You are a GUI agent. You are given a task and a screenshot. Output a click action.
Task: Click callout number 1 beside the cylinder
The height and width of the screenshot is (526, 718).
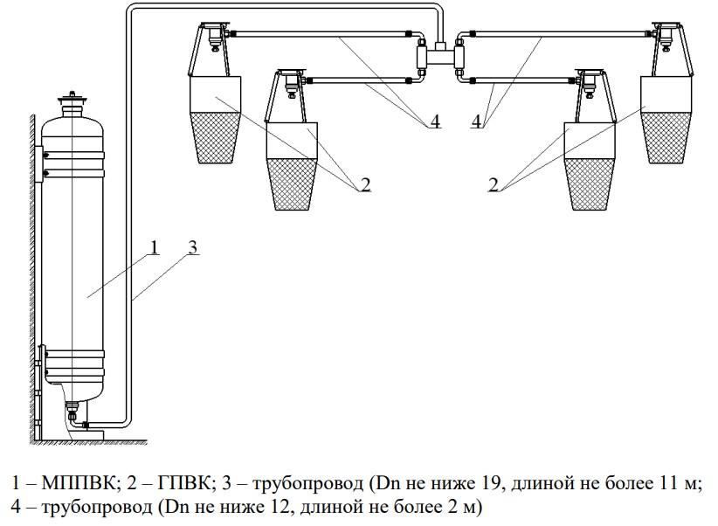[x=153, y=247]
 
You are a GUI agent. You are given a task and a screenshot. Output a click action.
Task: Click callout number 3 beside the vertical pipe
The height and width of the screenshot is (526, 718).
[x=193, y=247]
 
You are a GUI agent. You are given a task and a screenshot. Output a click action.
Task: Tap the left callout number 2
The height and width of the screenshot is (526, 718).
[x=365, y=184]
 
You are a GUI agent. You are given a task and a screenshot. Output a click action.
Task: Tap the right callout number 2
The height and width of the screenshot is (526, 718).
[x=494, y=184]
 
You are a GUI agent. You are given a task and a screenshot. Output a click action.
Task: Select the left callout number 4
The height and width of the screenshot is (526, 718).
[x=434, y=122]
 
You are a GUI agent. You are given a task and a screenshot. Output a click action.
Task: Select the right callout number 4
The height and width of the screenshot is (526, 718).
[x=476, y=122]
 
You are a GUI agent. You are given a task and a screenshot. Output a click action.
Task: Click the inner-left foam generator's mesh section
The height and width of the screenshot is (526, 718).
[x=291, y=184]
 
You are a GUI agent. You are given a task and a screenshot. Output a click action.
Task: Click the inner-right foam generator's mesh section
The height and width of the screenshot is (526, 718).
[x=588, y=184]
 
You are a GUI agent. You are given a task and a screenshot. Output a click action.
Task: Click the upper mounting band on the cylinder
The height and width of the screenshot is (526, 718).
[x=73, y=157]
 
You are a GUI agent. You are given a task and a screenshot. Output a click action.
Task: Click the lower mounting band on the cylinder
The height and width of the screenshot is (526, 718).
[x=73, y=359]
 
